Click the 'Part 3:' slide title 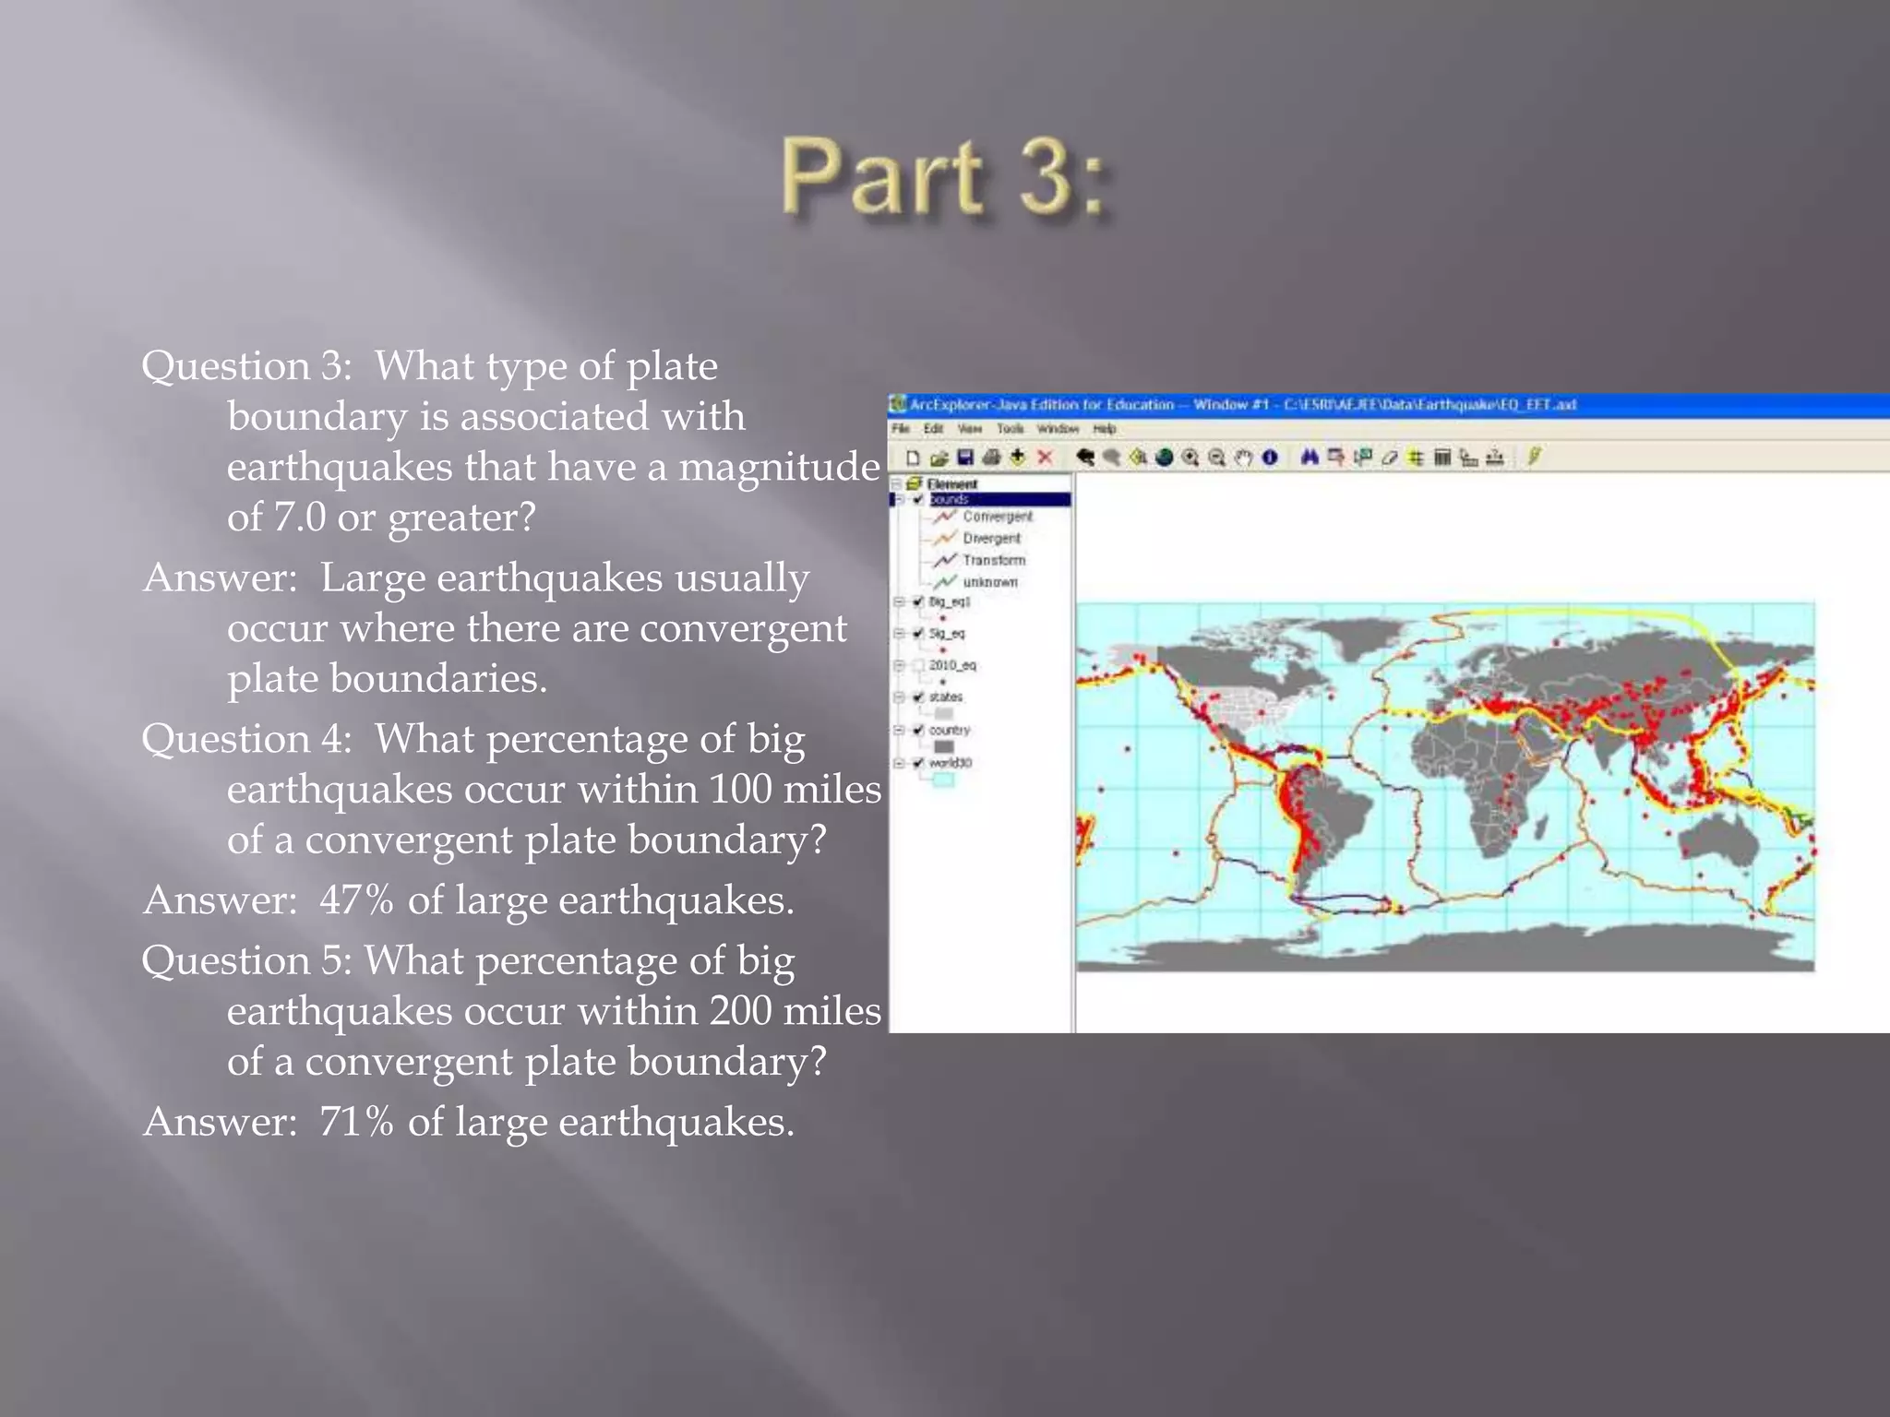945,177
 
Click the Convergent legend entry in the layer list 997,517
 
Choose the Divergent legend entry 991,539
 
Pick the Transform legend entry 993,560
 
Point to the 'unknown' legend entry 989,582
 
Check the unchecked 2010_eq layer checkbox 918,665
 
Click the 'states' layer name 946,697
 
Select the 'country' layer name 950,731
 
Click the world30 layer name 951,763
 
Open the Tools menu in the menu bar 1010,429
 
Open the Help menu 1105,429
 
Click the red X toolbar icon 1045,458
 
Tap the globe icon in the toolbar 1165,458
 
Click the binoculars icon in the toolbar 1309,458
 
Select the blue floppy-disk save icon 965,458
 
